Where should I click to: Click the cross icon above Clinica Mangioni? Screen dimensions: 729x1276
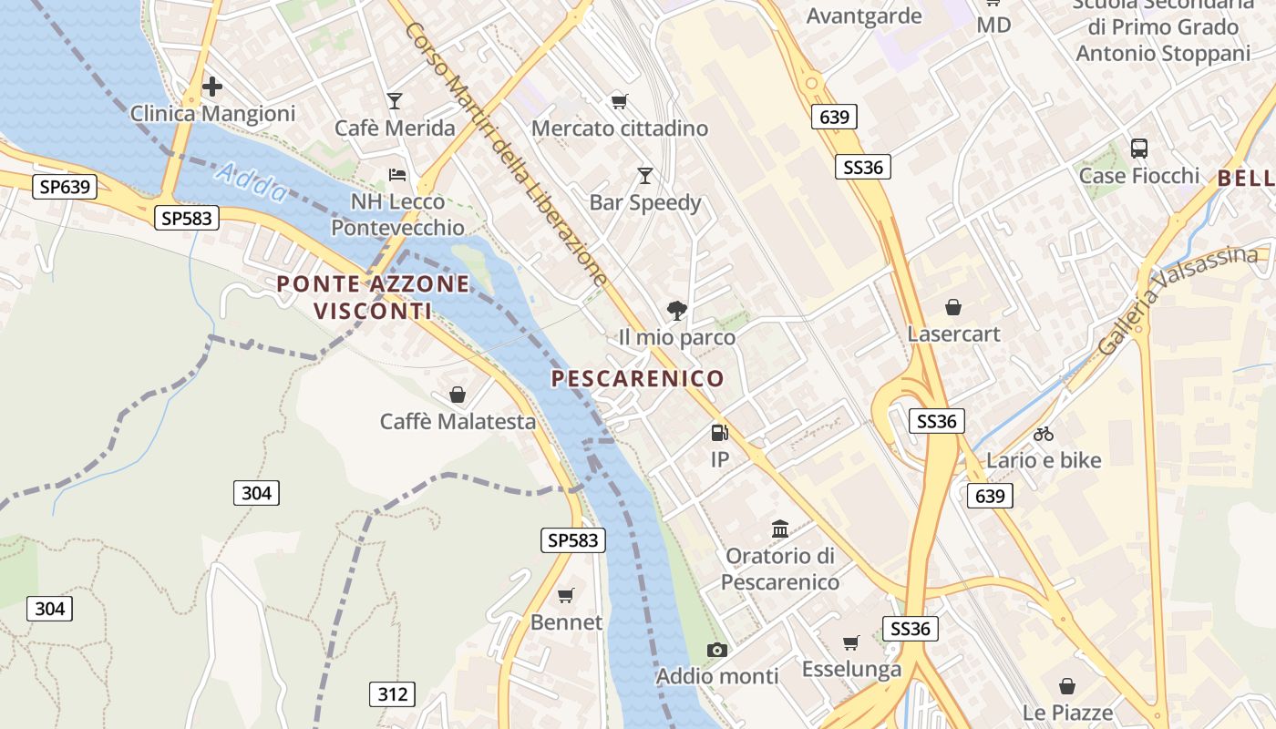tap(212, 87)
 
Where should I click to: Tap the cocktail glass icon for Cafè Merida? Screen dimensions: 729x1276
tap(395, 100)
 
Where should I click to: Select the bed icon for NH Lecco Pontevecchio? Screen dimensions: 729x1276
tap(397, 174)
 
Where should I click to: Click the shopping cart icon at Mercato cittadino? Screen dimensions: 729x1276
tap(620, 101)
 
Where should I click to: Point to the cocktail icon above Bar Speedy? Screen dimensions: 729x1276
tap(645, 175)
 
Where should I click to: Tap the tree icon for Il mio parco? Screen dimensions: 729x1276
tap(676, 311)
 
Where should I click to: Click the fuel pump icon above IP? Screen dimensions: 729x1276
tap(720, 433)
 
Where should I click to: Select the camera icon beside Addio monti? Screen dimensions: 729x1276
tap(717, 650)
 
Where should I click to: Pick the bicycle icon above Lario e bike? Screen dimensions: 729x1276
tap(1044, 434)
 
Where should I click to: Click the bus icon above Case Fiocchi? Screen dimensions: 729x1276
tap(1139, 149)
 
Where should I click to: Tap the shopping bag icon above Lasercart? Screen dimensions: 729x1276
tap(953, 307)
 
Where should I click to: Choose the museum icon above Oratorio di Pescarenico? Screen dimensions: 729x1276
tap(780, 529)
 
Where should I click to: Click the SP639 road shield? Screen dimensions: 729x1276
tap(66, 187)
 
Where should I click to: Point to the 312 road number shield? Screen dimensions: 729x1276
tap(393, 694)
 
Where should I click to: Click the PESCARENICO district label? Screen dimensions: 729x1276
tap(638, 378)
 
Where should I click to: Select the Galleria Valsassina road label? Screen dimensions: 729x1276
tap(1178, 299)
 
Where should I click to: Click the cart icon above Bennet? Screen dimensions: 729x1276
tap(566, 596)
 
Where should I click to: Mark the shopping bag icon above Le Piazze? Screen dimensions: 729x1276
tap(1067, 686)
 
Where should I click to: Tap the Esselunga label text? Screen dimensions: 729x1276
tap(851, 670)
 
